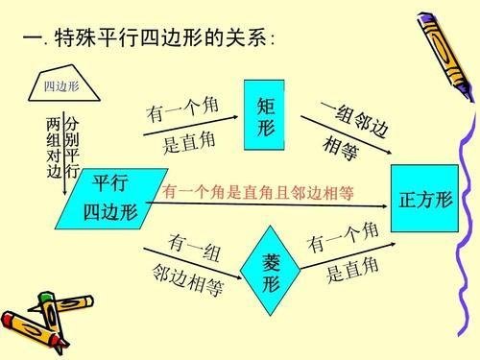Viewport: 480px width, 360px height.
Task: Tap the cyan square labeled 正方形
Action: [x=423, y=200]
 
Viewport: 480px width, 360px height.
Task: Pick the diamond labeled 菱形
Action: [x=272, y=272]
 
